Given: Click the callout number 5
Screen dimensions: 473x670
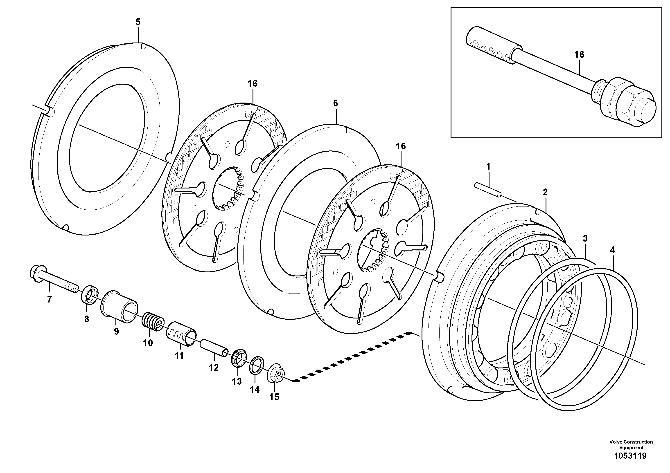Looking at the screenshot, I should pyautogui.click(x=138, y=22).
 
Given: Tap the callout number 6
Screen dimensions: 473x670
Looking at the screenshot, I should pyautogui.click(x=335, y=103).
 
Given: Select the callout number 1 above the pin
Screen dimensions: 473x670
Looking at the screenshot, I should pyautogui.click(x=488, y=167).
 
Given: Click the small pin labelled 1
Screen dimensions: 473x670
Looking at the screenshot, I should pyautogui.click(x=487, y=190).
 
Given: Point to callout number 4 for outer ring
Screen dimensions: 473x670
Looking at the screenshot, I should pyautogui.click(x=613, y=250).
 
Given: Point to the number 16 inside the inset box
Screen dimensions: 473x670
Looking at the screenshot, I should pyautogui.click(x=579, y=54).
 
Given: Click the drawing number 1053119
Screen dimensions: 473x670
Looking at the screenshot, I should pyautogui.click(x=631, y=456).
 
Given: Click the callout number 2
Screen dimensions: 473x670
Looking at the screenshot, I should pyautogui.click(x=545, y=192).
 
